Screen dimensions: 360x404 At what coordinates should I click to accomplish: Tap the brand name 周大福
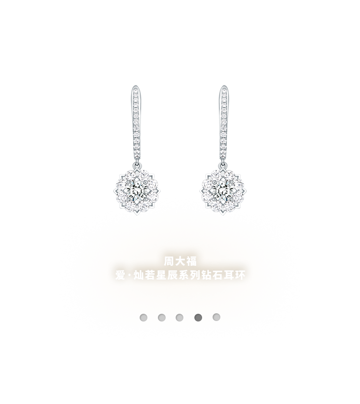point(180,262)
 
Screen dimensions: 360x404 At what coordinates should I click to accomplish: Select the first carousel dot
point(144,317)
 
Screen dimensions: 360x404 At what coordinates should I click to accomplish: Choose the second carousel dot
point(162,317)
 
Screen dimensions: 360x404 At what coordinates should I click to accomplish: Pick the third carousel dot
point(180,317)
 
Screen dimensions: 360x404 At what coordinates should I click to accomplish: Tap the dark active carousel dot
point(198,317)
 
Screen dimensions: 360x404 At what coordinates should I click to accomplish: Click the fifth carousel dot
point(216,317)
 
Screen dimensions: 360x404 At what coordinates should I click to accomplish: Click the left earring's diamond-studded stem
point(136,127)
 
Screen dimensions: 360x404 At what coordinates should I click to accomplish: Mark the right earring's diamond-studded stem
point(223,127)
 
